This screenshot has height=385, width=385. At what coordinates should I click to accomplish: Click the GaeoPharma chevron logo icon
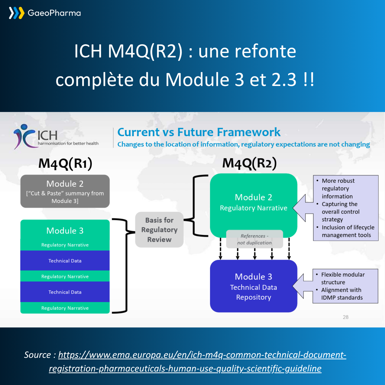coord(16,13)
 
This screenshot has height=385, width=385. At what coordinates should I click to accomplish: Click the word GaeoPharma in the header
coord(54,13)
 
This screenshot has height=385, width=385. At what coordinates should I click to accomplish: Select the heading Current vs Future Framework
coord(199,132)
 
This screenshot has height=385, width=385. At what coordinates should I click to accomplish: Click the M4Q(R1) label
coord(65,163)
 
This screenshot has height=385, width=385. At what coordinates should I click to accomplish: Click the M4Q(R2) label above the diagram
coord(249,163)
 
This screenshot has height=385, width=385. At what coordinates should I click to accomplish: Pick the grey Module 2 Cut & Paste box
coord(65,191)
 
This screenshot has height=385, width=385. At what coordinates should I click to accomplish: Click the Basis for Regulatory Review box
coord(159,230)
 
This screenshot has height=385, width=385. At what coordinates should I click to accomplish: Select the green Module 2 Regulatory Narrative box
coord(253,202)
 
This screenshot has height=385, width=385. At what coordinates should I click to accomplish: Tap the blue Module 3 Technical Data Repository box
coord(253,286)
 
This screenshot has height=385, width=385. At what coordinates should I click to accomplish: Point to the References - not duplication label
coord(255,239)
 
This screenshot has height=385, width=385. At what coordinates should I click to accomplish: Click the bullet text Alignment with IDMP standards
coord(342,294)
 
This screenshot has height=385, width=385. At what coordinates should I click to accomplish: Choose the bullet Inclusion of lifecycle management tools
coord(348,231)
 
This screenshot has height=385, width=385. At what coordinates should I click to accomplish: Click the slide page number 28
coord(346,317)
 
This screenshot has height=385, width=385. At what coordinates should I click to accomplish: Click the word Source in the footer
coord(37,355)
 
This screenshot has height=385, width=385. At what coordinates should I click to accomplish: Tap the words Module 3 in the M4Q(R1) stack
coord(65,231)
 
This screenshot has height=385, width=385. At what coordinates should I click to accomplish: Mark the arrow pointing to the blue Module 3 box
coord(302,286)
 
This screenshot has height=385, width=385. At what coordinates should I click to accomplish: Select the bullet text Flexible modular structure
coord(343,278)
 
